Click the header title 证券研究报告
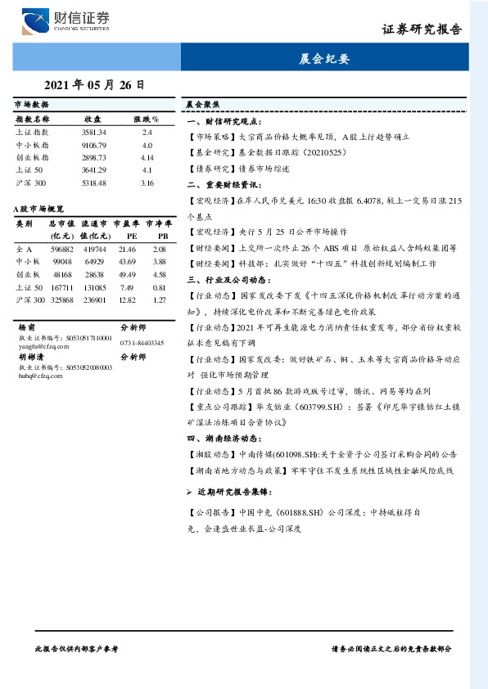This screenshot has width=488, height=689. click(x=421, y=29)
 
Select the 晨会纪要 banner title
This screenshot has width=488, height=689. click(x=325, y=59)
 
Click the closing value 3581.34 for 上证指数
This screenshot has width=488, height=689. click(x=94, y=132)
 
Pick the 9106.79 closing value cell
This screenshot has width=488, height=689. click(x=94, y=144)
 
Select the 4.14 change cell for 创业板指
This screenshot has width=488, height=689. click(x=147, y=156)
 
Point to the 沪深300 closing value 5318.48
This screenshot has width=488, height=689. click(x=94, y=182)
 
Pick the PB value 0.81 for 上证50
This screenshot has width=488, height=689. click(x=160, y=287)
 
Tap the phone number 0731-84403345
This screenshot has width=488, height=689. click(x=142, y=343)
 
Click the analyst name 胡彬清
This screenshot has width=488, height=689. click(x=30, y=357)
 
